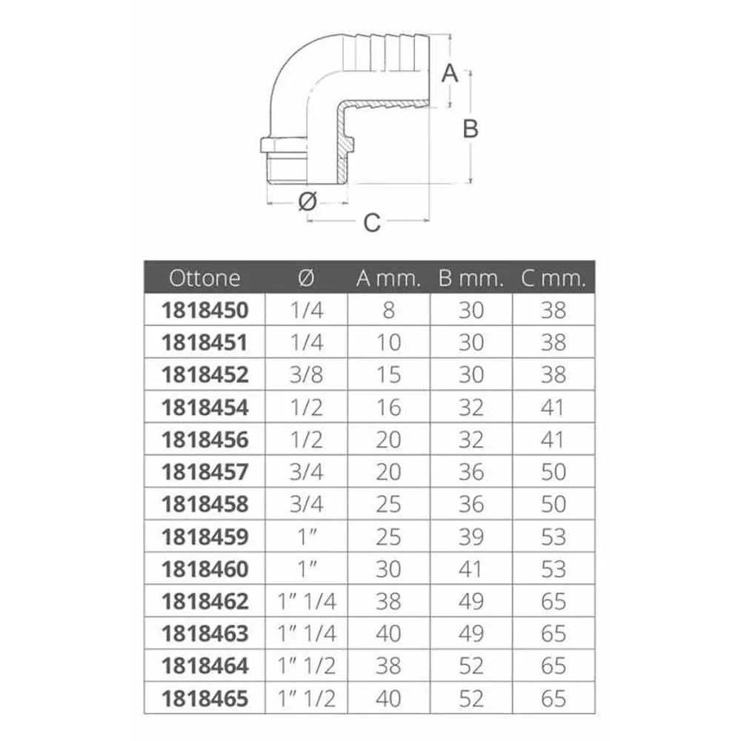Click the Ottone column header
(x=205, y=278)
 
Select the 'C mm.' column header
(x=554, y=278)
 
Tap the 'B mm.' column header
(x=471, y=278)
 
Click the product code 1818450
(x=205, y=310)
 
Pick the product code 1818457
(x=205, y=472)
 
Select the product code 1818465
(x=205, y=699)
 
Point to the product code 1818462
(x=205, y=602)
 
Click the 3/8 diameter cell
(x=306, y=375)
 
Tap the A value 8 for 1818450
(x=388, y=310)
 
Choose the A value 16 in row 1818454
(x=388, y=408)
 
